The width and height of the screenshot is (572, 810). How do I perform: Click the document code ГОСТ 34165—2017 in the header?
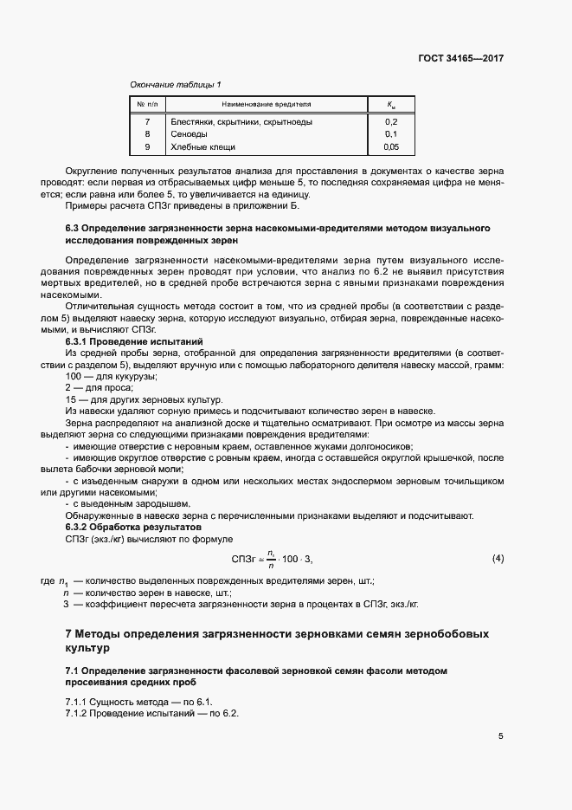click(x=460, y=59)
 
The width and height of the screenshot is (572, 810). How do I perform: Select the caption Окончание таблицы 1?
click(x=175, y=84)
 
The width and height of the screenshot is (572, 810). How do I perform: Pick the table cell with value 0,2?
click(x=390, y=122)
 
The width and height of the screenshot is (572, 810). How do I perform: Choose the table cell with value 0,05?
click(x=390, y=146)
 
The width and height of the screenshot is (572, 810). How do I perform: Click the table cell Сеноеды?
click(x=188, y=134)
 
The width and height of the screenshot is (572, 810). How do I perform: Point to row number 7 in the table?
click(x=147, y=122)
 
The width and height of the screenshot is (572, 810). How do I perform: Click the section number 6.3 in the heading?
click(x=74, y=228)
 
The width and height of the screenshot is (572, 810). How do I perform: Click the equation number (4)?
click(x=498, y=558)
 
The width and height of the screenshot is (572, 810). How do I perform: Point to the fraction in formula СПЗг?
click(x=271, y=559)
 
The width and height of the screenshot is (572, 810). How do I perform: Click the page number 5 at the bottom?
click(x=500, y=736)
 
